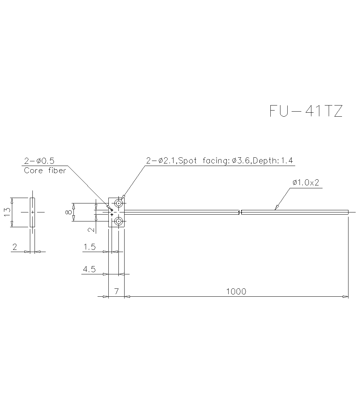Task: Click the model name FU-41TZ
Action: point(306,111)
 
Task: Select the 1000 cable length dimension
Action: point(236,291)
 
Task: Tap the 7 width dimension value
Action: point(116,291)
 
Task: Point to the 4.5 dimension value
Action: point(89,269)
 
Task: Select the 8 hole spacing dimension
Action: point(68,212)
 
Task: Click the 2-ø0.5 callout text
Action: point(39,161)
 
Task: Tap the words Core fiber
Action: point(45,171)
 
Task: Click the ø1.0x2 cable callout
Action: point(306,183)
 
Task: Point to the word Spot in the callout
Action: point(188,161)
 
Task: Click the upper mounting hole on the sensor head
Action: point(118,203)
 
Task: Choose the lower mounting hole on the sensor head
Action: point(118,221)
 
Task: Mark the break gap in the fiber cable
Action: point(240,212)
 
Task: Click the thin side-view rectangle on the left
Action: point(33,212)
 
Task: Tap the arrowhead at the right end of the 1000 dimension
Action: point(346,297)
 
